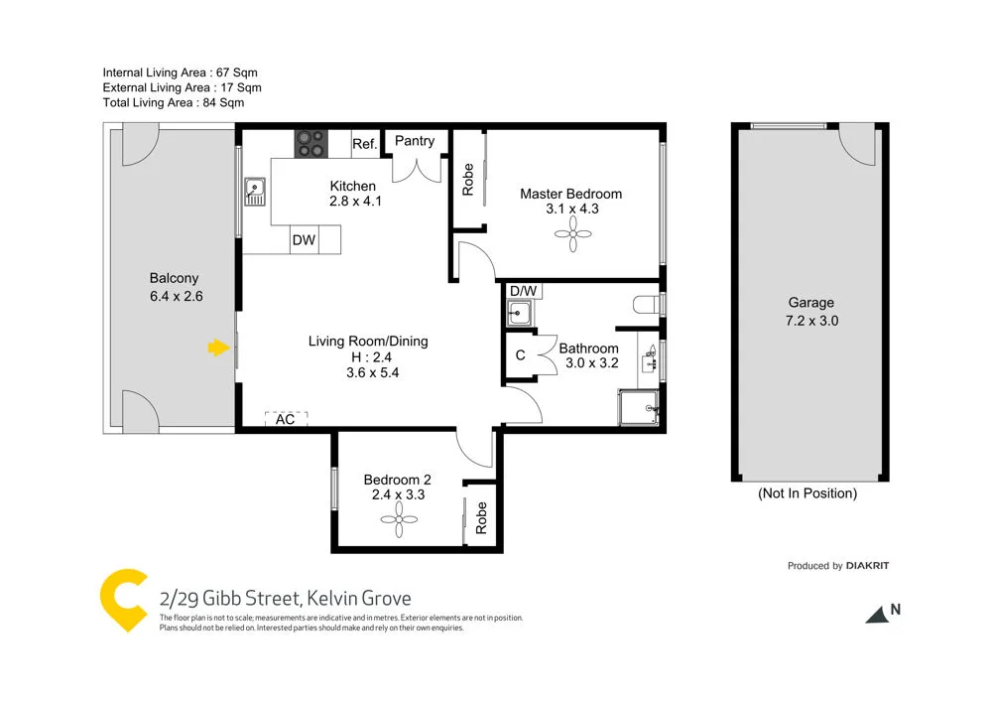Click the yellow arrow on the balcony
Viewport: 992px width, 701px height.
pos(215,348)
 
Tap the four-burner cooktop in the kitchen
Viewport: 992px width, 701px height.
pos(310,144)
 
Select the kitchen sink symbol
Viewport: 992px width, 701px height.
pos(255,191)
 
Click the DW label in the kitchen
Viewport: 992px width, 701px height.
pos(304,239)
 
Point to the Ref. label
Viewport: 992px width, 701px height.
pos(364,144)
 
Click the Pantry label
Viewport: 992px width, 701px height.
pos(415,141)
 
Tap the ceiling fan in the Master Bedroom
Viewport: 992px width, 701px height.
pos(573,235)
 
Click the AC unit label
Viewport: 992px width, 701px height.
pos(286,419)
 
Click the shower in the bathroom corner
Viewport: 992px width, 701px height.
pos(639,406)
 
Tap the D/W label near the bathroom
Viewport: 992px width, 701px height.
pos(522,291)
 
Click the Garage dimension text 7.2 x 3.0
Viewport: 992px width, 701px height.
pos(810,321)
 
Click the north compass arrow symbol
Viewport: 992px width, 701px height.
pos(876,616)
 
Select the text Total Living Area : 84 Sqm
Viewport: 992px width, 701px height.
pos(174,102)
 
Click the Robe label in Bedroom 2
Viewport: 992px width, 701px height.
pos(482,517)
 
